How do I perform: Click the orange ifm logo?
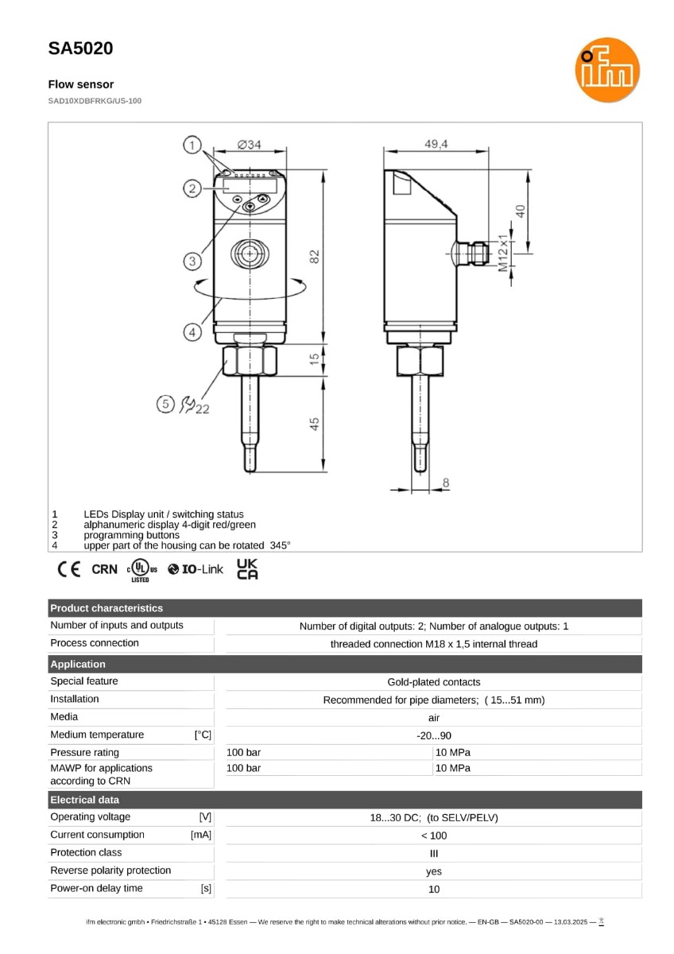[606, 70]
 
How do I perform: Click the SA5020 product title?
[80, 48]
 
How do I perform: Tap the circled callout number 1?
[192, 145]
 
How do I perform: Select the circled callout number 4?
[192, 332]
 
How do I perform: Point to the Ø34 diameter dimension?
[249, 145]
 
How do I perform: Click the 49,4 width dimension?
[436, 144]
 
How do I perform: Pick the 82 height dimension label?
[314, 256]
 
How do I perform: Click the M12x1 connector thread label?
[503, 253]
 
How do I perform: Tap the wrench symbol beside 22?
[187, 404]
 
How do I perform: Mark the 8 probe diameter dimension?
[446, 483]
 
